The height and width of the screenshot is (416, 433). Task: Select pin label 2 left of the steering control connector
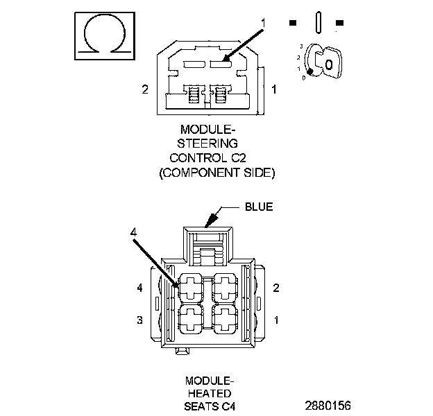(x=145, y=89)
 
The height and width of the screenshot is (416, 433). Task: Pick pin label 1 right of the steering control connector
(x=274, y=89)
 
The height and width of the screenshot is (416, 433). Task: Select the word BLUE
(x=259, y=207)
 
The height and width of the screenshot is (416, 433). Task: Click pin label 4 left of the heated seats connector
(x=139, y=287)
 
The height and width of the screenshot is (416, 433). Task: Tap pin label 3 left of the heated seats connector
(x=139, y=320)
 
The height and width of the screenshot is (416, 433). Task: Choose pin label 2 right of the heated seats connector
(x=276, y=287)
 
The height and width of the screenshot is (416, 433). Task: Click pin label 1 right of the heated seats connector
(x=276, y=320)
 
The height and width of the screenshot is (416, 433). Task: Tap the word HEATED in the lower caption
(x=209, y=393)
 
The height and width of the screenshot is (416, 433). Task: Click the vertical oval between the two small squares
(x=316, y=22)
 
